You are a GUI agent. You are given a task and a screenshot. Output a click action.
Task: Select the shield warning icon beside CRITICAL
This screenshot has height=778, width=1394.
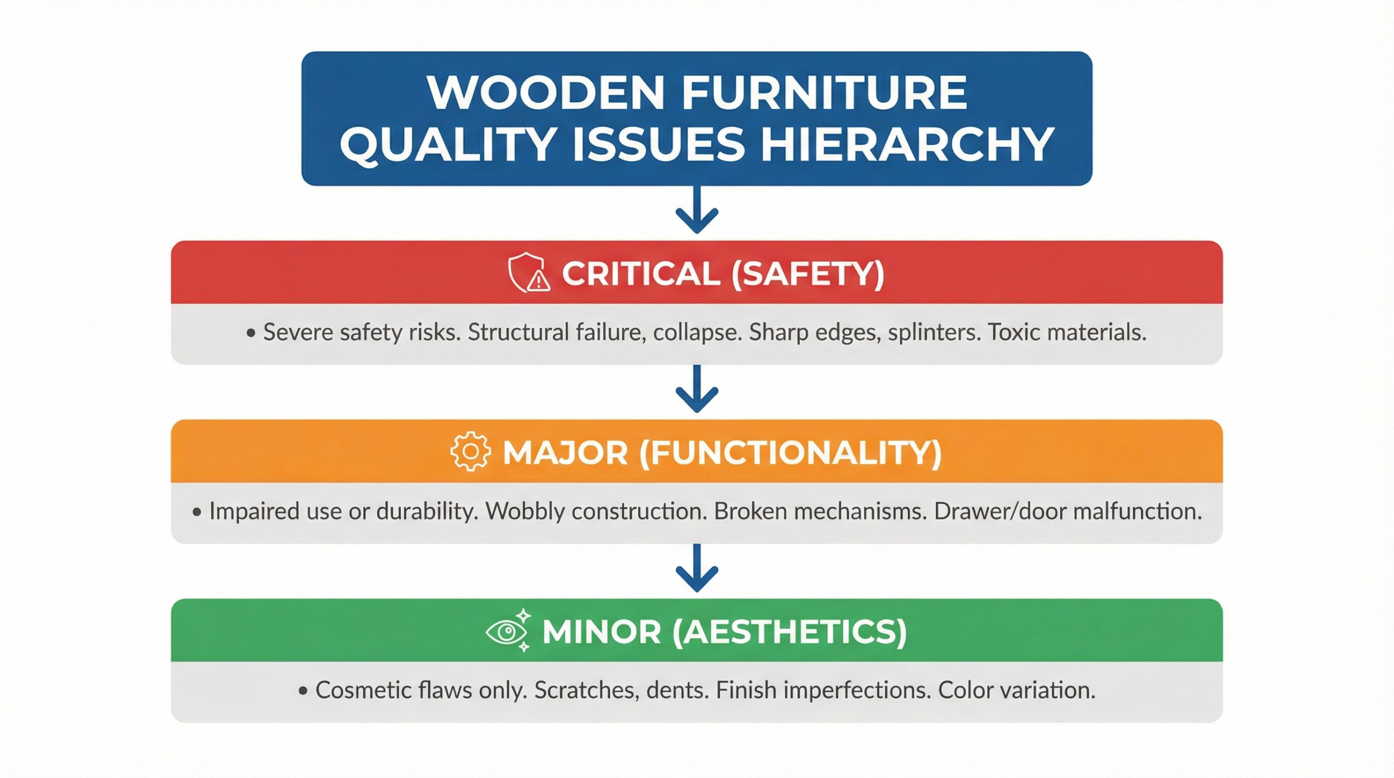(x=528, y=272)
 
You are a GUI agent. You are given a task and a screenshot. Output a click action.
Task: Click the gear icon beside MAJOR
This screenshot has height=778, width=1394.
(x=470, y=451)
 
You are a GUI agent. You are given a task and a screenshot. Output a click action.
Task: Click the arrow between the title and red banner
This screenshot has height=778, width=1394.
(x=697, y=210)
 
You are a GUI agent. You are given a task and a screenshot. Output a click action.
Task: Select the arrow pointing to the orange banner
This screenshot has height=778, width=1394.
(x=697, y=389)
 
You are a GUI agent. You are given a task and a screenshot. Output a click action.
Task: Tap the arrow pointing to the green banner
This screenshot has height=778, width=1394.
(x=697, y=568)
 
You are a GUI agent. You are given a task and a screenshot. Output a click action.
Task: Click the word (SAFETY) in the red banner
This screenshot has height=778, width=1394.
(x=808, y=273)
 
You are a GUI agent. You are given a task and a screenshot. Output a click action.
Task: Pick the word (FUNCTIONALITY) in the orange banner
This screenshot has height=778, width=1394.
(x=790, y=452)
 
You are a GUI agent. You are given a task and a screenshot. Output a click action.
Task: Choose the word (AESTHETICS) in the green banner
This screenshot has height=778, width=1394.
(x=790, y=632)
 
